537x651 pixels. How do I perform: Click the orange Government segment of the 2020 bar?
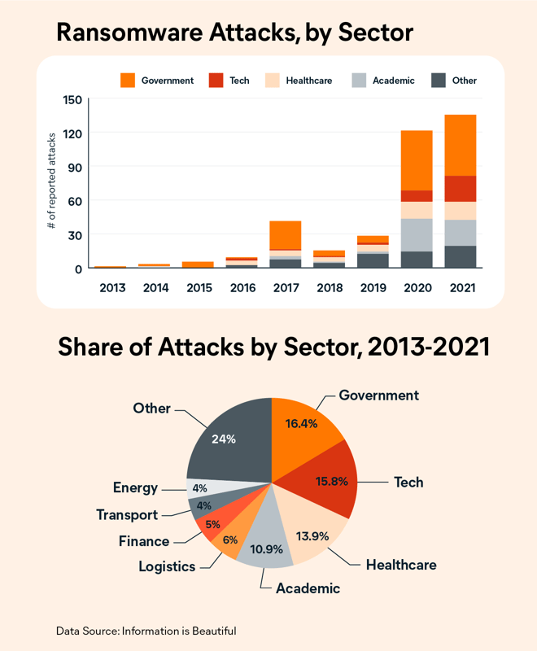point(416,159)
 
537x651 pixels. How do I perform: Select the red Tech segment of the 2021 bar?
point(460,188)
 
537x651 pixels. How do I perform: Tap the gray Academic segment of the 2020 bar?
point(416,234)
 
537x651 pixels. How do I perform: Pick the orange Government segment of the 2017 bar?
point(285,234)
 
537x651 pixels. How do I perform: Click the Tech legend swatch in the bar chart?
point(216,80)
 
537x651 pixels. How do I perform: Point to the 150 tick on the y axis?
point(72,99)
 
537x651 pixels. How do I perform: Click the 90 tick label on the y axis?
point(72,167)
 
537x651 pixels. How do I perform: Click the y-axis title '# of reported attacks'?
point(52,184)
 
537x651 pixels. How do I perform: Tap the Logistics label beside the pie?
point(166,566)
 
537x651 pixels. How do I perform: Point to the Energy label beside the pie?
point(135,488)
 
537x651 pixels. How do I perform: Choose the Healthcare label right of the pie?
point(401,564)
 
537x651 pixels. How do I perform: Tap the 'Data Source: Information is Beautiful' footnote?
point(146,631)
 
